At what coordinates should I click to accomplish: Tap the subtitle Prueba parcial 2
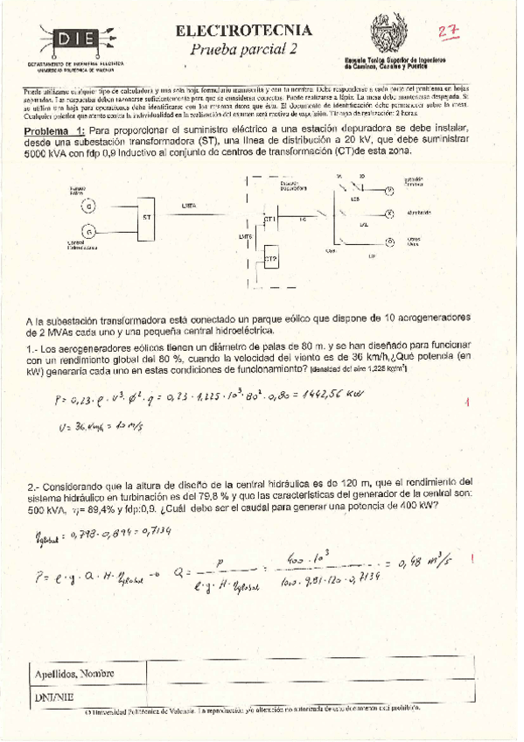[x=243, y=49]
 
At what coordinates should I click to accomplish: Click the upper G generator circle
[x=87, y=206]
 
